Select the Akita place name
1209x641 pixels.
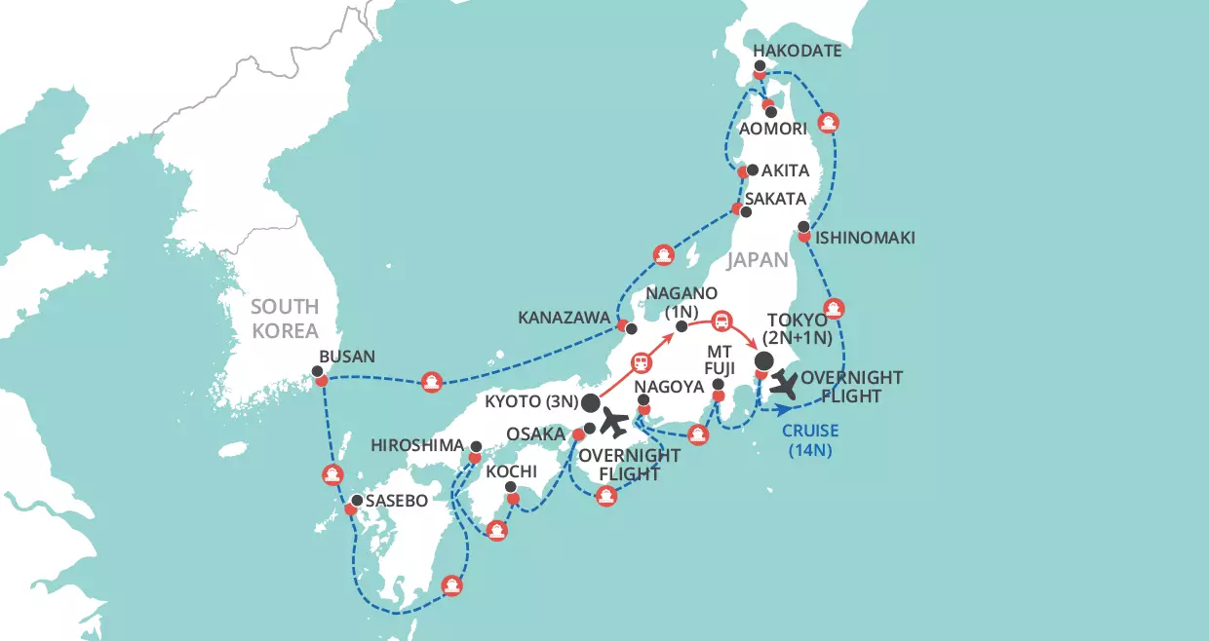point(785,170)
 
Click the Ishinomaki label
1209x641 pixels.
point(867,237)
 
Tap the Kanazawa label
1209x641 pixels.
point(563,318)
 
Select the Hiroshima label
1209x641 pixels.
point(418,445)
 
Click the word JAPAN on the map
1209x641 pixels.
point(758,260)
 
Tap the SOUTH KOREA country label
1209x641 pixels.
point(285,318)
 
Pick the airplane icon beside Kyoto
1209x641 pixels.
point(614,423)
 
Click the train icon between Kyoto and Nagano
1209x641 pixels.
point(643,361)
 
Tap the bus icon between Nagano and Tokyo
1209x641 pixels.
point(721,320)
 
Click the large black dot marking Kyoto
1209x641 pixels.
point(589,402)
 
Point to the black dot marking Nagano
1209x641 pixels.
point(682,324)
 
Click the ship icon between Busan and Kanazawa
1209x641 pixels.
point(432,383)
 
